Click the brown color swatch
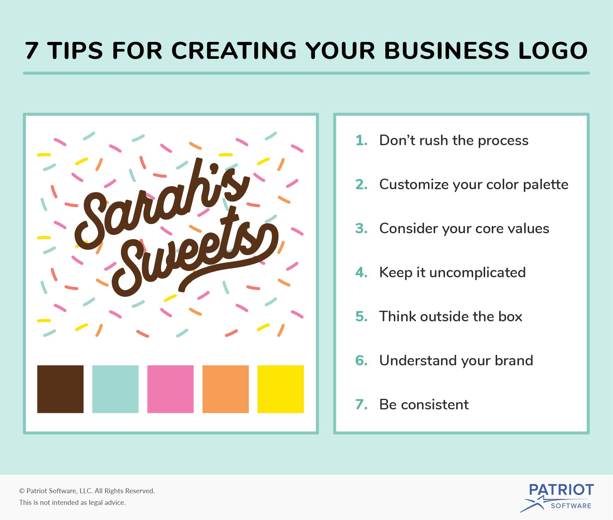coord(60,389)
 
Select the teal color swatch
coord(115,389)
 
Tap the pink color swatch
coord(171,389)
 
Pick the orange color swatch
coord(225,389)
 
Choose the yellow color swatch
coord(280,389)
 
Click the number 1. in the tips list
coord(361,140)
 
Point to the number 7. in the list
coord(361,404)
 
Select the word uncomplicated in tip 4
coord(477,273)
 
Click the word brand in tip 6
coord(514,360)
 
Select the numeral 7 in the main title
coord(31,50)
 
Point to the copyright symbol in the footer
coord(22,491)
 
